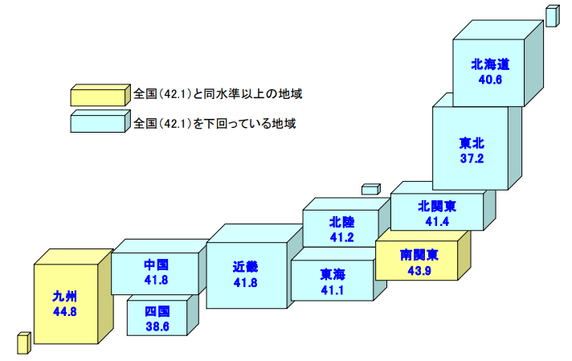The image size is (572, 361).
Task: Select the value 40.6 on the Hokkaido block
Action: (490, 80)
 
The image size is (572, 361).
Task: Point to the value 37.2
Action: (472, 159)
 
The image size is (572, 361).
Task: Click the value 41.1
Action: (331, 290)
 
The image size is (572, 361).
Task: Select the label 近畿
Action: (245, 267)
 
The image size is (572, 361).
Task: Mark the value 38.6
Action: (157, 326)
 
